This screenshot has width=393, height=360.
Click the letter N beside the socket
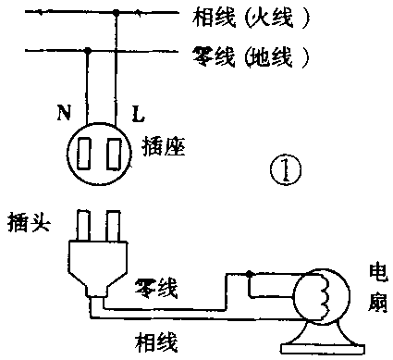point(65,115)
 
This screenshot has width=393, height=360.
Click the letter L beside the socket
point(137,115)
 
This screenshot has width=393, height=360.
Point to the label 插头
point(27,223)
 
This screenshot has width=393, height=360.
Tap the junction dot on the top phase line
point(116,14)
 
